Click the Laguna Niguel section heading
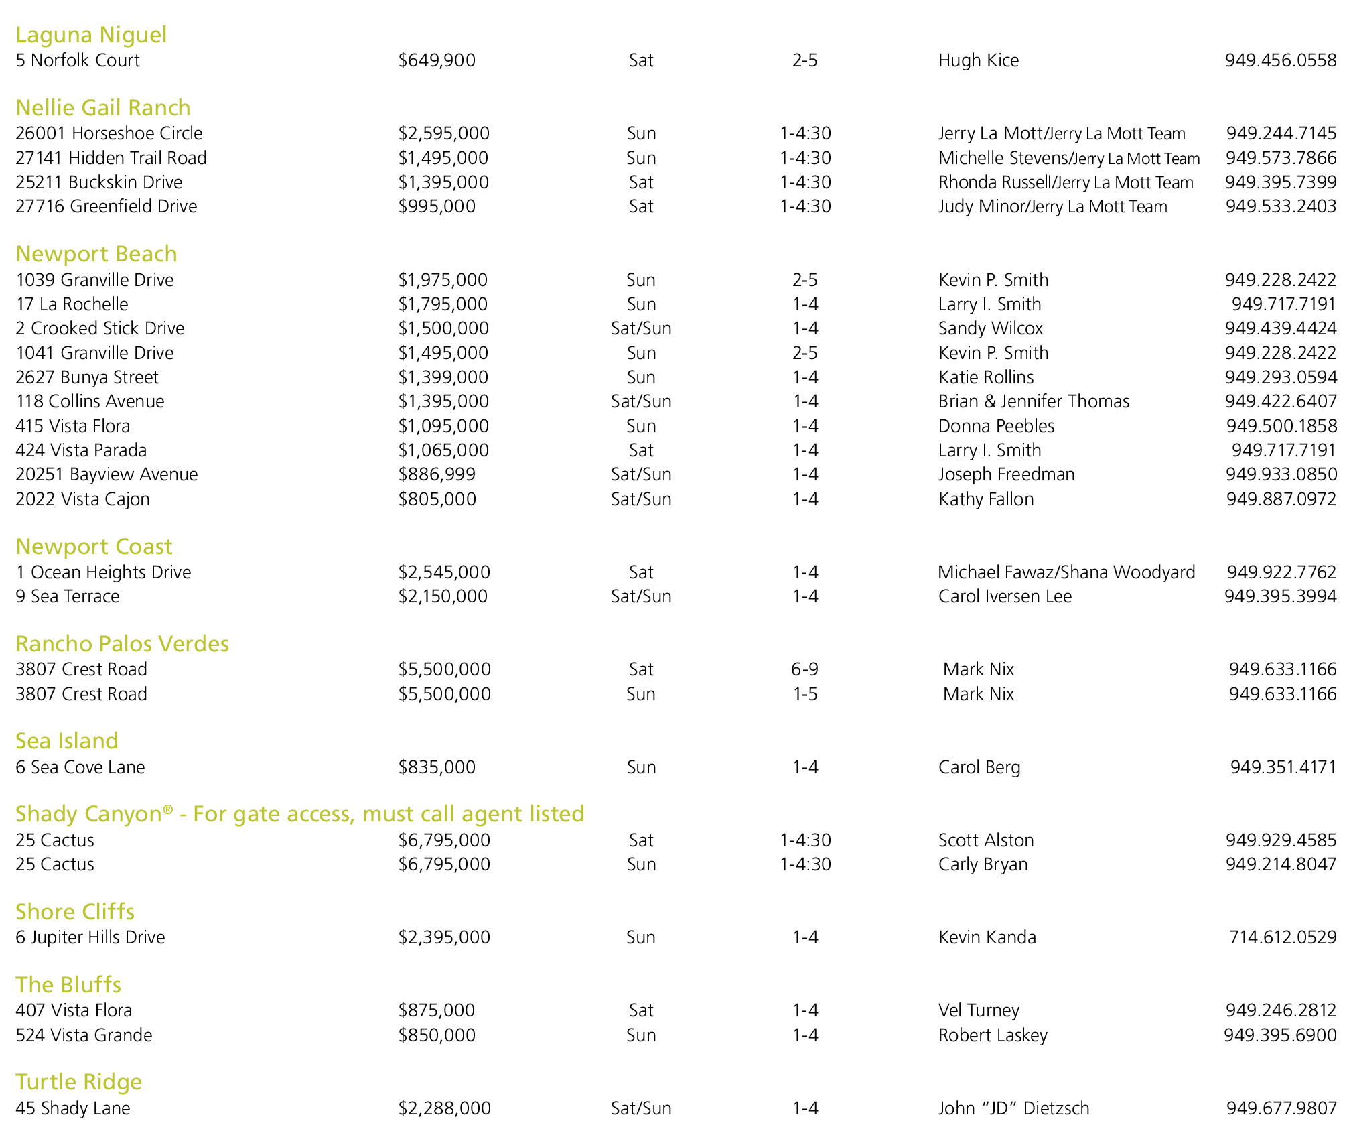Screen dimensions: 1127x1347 [x=91, y=35]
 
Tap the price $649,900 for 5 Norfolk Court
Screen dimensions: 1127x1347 [x=437, y=60]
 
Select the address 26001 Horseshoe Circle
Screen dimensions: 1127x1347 [x=109, y=133]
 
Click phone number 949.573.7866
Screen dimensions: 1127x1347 [x=1281, y=158]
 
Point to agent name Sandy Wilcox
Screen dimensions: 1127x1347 [x=990, y=328]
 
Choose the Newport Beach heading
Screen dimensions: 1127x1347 [x=96, y=254]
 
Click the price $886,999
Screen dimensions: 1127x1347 [x=437, y=474]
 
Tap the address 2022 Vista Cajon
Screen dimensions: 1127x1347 [x=82, y=499]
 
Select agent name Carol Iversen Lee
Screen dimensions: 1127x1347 [x=1005, y=596]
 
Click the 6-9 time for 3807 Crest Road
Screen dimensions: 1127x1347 [x=804, y=669]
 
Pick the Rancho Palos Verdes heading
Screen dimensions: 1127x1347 [x=122, y=644]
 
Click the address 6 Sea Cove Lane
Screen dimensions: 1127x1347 [x=80, y=767]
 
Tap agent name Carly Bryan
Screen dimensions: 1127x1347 [x=983, y=864]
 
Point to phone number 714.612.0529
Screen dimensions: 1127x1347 [x=1282, y=937]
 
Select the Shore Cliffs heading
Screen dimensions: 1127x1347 [x=75, y=912]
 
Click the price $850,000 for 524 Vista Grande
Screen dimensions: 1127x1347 [x=437, y=1035]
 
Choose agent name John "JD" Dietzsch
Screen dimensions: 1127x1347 [x=1013, y=1108]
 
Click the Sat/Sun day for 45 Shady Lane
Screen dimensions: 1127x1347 [x=641, y=1108]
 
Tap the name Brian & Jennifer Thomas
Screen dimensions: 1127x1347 [x=1034, y=401]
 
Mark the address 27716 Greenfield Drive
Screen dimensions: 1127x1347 [x=107, y=206]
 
